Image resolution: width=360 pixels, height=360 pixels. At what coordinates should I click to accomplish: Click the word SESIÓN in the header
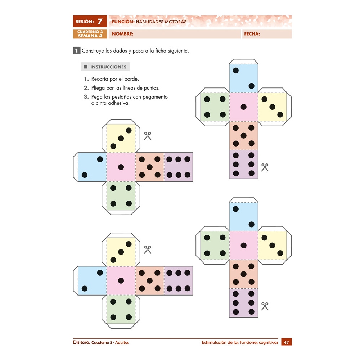pos(85,22)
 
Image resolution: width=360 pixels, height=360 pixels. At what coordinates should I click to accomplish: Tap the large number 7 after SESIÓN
pos(100,22)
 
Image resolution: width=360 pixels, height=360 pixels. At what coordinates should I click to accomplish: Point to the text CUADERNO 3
pos(90,32)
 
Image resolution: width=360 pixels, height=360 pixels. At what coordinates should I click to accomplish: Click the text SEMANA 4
pos(90,36)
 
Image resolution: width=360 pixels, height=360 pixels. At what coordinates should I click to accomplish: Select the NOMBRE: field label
pos(123,34)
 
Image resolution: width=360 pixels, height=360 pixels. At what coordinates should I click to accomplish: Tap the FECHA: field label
pos(252,34)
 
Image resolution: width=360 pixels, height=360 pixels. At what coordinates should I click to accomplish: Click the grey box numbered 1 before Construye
pos(76,51)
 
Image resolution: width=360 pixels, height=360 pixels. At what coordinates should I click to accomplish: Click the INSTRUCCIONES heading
pos(108,67)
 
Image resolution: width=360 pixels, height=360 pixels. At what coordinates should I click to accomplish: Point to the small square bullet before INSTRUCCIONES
pos(86,67)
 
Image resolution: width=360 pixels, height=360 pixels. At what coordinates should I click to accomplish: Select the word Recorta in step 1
pos(100,79)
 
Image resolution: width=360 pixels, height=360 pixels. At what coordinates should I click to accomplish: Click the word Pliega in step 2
pos(99,88)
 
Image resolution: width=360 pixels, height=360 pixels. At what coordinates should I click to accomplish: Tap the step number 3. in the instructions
pos(86,97)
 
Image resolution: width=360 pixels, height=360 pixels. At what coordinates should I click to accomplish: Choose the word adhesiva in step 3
pos(119,103)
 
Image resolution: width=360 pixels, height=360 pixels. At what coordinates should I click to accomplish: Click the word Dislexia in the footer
pos(81,342)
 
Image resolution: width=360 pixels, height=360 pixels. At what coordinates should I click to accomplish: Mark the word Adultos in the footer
pos(122,342)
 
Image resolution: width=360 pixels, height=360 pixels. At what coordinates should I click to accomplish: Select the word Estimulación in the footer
pos(215,342)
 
